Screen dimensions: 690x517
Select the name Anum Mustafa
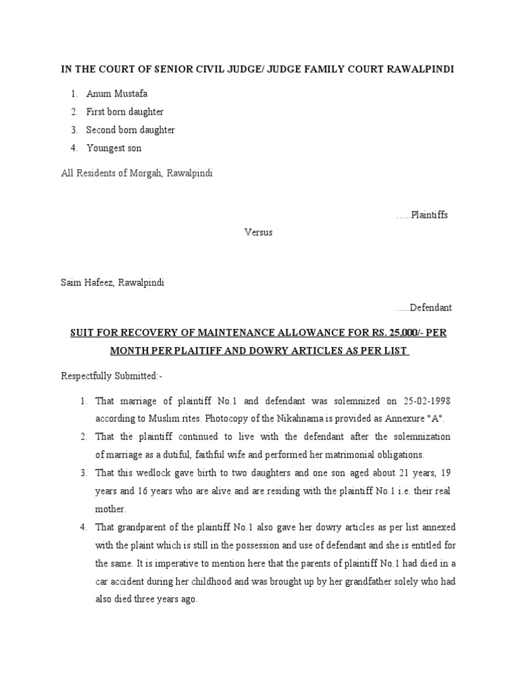point(116,94)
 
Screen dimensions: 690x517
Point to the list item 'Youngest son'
point(114,148)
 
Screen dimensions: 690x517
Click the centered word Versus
point(258,232)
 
